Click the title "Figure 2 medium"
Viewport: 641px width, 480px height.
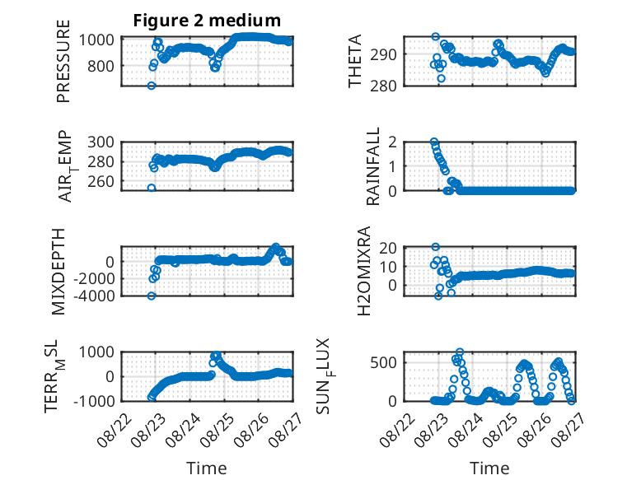tap(207, 21)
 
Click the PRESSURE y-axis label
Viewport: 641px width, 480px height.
tap(63, 61)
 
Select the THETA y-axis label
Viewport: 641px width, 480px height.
tap(355, 61)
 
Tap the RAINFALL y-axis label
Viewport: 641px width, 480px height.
tap(373, 166)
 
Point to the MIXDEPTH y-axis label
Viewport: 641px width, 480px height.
tap(58, 272)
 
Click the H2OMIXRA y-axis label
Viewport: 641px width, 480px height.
tap(363, 271)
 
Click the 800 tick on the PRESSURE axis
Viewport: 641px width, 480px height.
tap(101, 66)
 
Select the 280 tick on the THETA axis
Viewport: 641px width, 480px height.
tap(383, 86)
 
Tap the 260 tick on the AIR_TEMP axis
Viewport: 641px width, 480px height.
tap(101, 181)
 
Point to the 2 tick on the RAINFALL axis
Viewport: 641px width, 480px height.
tap(392, 142)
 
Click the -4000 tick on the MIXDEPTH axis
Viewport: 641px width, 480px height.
tap(94, 296)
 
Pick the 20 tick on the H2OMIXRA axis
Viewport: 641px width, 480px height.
tap(387, 248)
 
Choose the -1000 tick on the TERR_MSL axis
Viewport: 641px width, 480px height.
tap(94, 401)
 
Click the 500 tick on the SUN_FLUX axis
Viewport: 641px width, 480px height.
tap(383, 362)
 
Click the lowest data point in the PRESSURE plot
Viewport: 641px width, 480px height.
tap(152, 86)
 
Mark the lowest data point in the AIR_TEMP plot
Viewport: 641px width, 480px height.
tap(152, 188)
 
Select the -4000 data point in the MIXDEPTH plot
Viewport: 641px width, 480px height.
tap(152, 296)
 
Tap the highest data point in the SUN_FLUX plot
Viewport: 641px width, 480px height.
tap(460, 352)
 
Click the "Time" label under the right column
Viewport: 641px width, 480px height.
tap(489, 468)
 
